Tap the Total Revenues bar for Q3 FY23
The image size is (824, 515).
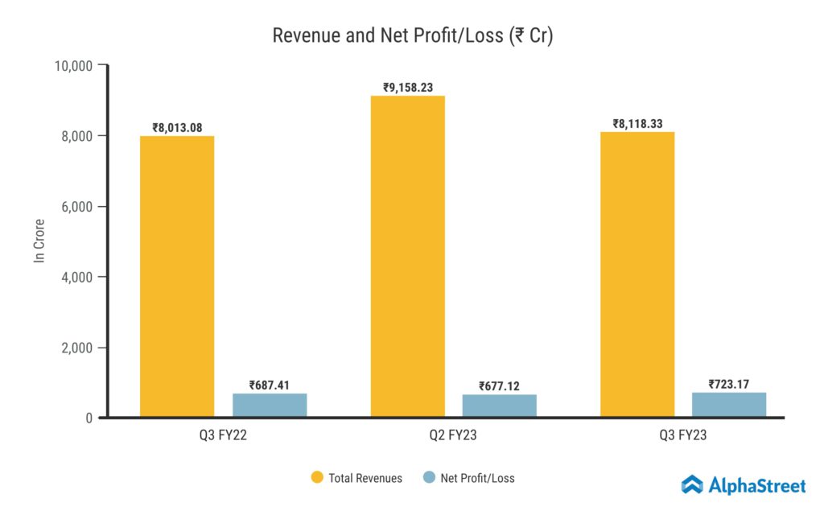pyautogui.click(x=637, y=274)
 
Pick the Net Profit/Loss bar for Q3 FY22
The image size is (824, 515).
pyautogui.click(x=270, y=405)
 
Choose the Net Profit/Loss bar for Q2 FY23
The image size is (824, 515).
pyautogui.click(x=499, y=406)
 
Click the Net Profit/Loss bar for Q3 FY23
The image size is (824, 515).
pyautogui.click(x=729, y=404)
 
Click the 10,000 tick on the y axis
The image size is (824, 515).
pyautogui.click(x=72, y=65)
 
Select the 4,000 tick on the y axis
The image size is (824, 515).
pyautogui.click(x=76, y=277)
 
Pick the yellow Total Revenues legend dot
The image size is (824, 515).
pyautogui.click(x=317, y=478)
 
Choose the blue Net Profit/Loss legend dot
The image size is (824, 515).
pyautogui.click(x=429, y=478)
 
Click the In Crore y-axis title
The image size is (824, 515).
pyautogui.click(x=38, y=241)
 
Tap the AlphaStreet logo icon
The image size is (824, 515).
pyautogui.click(x=692, y=484)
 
